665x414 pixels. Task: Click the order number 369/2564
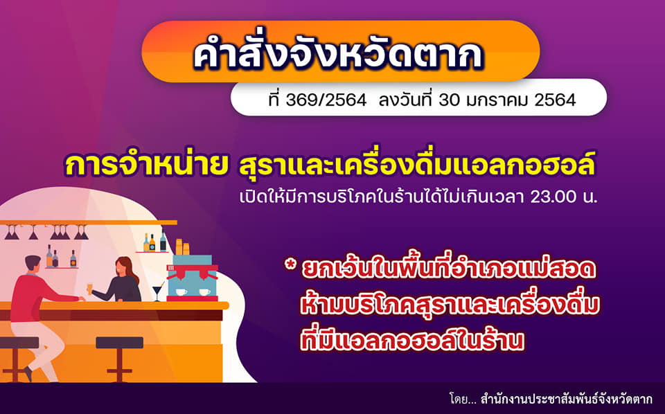(326, 100)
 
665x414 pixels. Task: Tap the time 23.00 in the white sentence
(553, 197)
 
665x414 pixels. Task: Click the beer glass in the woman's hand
(90, 288)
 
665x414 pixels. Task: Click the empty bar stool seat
(120, 343)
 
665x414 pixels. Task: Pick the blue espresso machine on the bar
(193, 278)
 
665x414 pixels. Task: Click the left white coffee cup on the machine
(181, 292)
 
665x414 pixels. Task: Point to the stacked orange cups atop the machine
(182, 246)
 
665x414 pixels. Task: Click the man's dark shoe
(28, 374)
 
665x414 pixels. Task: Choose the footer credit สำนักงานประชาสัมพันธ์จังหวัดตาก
(567, 399)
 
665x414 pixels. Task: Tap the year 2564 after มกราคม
(555, 100)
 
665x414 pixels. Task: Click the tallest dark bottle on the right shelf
(163, 241)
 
